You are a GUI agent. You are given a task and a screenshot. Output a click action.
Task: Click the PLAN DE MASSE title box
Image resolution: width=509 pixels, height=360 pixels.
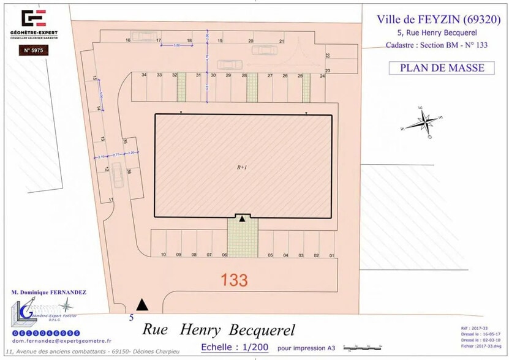(442, 68)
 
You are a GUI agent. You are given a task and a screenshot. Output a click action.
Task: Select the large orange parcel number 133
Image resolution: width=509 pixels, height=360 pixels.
(234, 280)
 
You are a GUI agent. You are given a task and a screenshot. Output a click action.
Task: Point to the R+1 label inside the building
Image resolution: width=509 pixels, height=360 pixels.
(243, 167)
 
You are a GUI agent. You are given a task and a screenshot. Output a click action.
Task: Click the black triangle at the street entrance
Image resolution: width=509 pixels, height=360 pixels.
(142, 304)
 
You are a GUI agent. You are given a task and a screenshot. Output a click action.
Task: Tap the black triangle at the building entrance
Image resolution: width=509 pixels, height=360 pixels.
(243, 219)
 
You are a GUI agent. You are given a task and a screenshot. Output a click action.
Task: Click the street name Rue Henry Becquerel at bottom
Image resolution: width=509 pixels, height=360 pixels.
(219, 330)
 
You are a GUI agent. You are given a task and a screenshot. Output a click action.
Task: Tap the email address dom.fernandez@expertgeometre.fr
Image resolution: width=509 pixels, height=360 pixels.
(55, 340)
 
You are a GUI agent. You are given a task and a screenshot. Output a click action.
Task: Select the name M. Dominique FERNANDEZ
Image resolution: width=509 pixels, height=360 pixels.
(48, 293)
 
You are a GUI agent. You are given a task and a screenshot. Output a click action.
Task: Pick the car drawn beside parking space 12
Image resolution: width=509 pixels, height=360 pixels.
(117, 178)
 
